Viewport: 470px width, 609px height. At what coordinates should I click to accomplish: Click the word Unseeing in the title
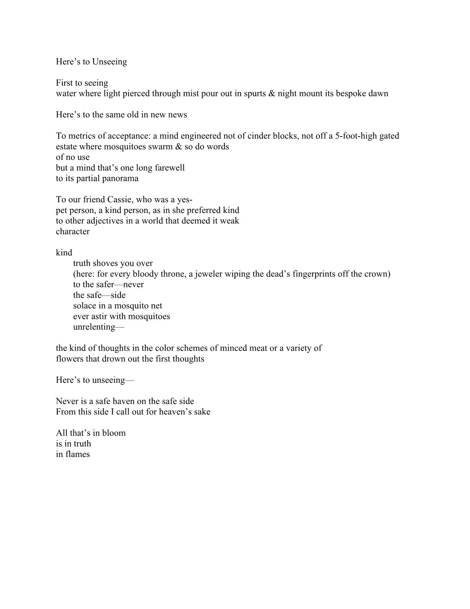tap(109, 62)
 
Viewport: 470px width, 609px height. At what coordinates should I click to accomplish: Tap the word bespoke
tap(351, 93)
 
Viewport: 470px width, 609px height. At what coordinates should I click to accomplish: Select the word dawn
tap(379, 93)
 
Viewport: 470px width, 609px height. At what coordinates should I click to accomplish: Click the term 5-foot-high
tap(357, 136)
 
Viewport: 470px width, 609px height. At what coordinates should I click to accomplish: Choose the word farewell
tap(170, 168)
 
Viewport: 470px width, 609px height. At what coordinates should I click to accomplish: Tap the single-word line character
tap(73, 232)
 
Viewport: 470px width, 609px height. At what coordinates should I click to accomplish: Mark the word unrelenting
tap(94, 327)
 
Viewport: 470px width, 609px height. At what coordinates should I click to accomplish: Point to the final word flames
tap(77, 454)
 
